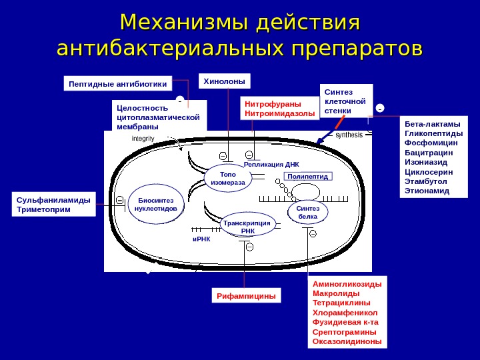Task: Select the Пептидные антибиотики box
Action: (118, 84)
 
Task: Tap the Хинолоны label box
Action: (225, 81)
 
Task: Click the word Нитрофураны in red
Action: (273, 104)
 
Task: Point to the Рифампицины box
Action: (246, 295)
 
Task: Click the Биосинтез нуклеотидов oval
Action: (155, 204)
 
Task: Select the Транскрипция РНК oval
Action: (247, 226)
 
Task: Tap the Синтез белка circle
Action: (307, 212)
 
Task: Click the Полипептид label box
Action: (307, 177)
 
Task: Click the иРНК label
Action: (201, 238)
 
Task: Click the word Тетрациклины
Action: (342, 303)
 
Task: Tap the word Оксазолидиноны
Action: (347, 341)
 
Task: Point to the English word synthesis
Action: (349, 135)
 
